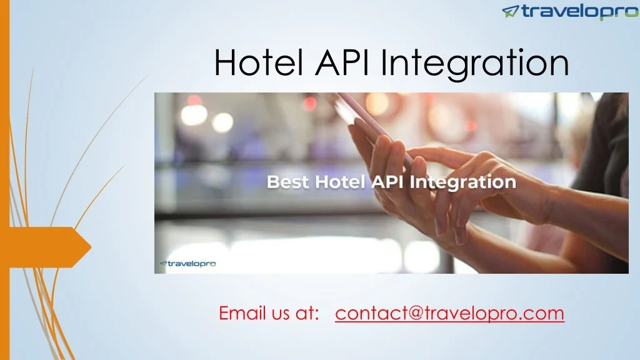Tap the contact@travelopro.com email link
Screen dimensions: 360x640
coord(449,312)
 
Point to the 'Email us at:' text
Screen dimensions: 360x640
coord(269,312)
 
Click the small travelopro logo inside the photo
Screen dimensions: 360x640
coord(187,264)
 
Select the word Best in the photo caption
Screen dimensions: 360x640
coord(288,182)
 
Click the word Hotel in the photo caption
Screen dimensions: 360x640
coord(339,182)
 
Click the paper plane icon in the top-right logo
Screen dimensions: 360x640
coord(511,11)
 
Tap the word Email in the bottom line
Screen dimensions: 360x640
coord(238,312)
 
